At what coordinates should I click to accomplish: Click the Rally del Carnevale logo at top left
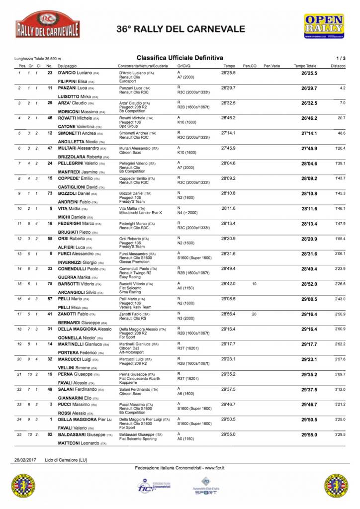point(48,24)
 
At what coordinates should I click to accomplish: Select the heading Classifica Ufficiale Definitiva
point(180,58)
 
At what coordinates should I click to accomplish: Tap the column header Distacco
point(338,66)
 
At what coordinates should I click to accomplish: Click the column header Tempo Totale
point(305,66)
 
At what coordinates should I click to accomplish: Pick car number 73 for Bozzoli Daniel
point(49,193)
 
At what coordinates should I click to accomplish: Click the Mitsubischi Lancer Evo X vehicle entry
point(144,213)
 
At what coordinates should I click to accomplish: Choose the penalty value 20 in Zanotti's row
point(254,314)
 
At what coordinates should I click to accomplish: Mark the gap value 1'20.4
point(340,149)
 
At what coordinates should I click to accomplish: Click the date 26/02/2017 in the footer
point(24,460)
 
